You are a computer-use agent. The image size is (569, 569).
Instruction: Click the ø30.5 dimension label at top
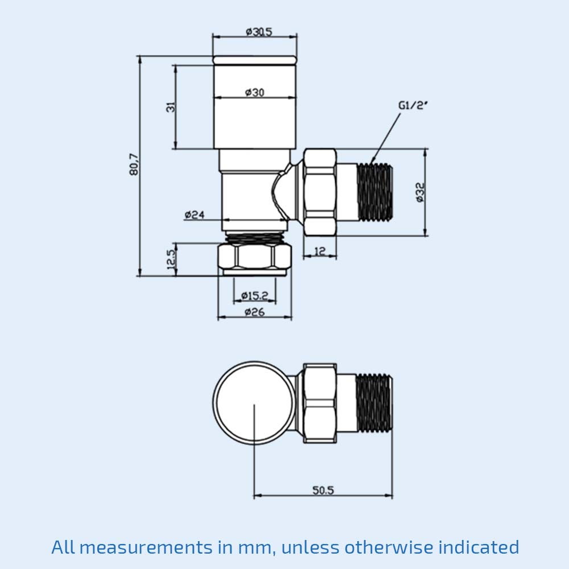[x=259, y=32]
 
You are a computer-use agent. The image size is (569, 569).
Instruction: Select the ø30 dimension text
[x=254, y=92]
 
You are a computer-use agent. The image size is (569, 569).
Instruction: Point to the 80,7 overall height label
[x=134, y=164]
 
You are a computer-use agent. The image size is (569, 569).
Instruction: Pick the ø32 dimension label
[x=420, y=192]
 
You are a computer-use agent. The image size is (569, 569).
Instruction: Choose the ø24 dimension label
[x=195, y=215]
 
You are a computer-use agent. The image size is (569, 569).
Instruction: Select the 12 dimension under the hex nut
[x=319, y=250]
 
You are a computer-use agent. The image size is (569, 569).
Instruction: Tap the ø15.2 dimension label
[x=254, y=295]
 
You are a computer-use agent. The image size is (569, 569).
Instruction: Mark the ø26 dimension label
[x=254, y=312]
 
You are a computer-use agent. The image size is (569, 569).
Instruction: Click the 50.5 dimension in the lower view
[x=323, y=490]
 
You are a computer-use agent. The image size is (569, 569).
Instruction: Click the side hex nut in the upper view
[x=319, y=192]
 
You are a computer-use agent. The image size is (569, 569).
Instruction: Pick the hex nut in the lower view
[x=319, y=403]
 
